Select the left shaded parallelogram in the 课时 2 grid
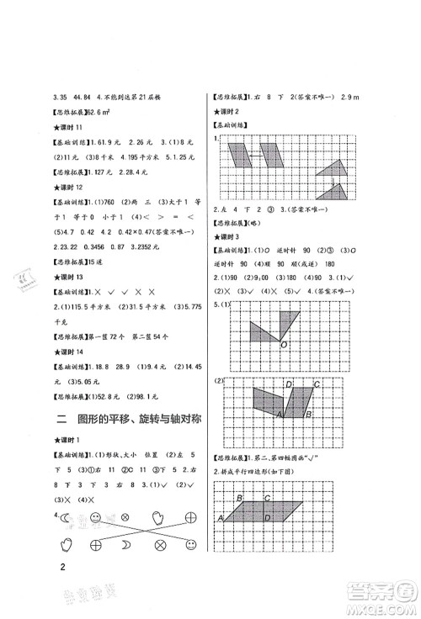248,156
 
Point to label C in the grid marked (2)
317,385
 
